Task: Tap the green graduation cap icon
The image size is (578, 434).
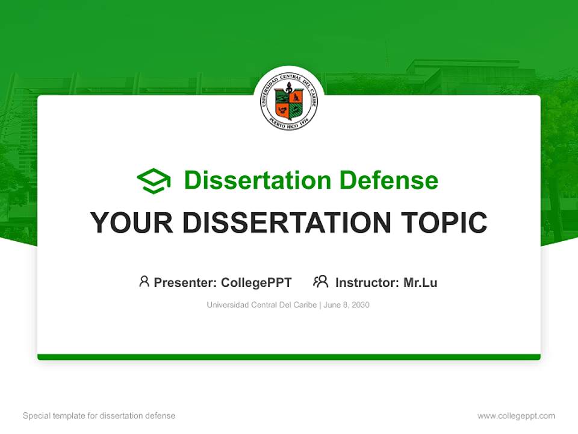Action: [154, 181]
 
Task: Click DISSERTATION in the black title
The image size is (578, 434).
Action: [282, 223]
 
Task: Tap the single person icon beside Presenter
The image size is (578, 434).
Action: [144, 281]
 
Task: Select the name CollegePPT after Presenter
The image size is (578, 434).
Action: [256, 282]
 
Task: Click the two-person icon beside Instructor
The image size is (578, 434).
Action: [320, 281]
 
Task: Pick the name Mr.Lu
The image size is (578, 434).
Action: [420, 282]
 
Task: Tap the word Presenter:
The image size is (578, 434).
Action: [185, 282]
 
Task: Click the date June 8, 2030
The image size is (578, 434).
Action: [347, 305]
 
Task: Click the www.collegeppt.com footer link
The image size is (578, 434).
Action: [516, 416]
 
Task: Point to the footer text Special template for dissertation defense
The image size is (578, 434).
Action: [99, 416]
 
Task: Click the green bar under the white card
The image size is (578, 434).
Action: [289, 357]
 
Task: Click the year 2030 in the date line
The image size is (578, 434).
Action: [360, 305]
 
